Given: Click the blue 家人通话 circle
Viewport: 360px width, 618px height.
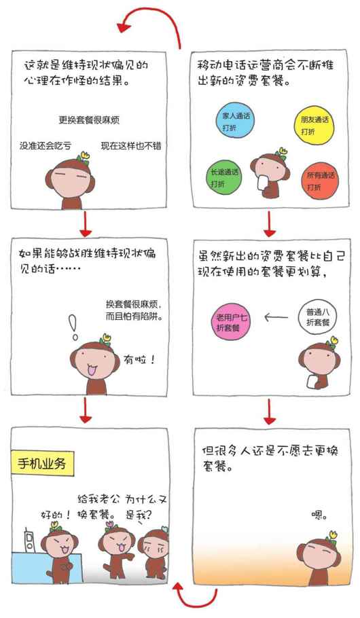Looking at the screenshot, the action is (x=235, y=121).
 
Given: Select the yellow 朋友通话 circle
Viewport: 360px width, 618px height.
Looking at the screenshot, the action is (x=314, y=124).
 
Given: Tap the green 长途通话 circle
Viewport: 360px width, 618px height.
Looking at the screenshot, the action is (x=223, y=177).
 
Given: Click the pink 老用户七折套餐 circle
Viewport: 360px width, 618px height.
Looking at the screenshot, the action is (x=231, y=322).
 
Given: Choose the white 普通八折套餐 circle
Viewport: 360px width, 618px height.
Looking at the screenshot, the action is (x=317, y=317).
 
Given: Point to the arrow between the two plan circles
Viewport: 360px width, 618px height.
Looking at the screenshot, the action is (x=276, y=316).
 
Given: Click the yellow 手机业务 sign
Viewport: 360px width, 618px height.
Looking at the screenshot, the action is (x=42, y=462).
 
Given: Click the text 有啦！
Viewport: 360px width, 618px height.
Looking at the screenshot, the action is (x=139, y=359).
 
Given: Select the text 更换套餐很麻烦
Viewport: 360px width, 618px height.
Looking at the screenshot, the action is (x=89, y=120).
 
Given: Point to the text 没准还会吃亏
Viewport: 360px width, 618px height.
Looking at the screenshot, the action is (x=46, y=145).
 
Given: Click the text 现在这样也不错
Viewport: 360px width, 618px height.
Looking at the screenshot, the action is (x=131, y=145).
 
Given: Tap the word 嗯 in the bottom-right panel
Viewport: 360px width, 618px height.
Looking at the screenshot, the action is (x=319, y=515).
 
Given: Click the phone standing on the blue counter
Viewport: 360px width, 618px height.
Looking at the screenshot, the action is (x=29, y=540).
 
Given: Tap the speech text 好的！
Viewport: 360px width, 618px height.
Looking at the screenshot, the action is (x=56, y=515).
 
